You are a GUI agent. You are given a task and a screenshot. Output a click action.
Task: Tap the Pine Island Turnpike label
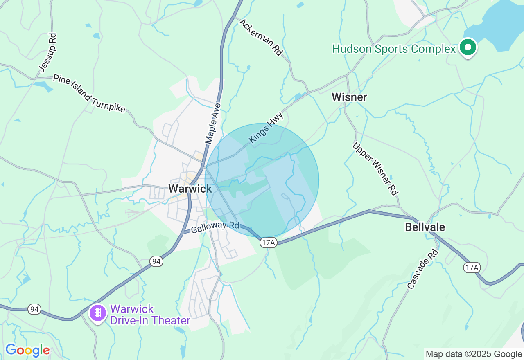(89, 94)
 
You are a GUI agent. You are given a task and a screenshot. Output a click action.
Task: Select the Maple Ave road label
(213, 123)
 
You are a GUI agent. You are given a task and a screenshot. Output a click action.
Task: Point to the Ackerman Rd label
(261, 37)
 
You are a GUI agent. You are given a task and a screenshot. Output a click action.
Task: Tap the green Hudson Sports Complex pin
(467, 47)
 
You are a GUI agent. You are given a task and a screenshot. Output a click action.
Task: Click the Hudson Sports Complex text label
(394, 49)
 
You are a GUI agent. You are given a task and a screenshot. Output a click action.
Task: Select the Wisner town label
(349, 97)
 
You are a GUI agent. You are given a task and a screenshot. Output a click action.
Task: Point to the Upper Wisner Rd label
(375, 168)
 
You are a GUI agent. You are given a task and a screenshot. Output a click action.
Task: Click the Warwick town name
(190, 189)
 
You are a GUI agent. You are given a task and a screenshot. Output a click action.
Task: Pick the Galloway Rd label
(215, 226)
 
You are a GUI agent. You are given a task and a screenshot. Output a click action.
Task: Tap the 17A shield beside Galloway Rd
(269, 243)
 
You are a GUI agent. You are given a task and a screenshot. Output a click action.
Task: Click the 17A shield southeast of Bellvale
(472, 268)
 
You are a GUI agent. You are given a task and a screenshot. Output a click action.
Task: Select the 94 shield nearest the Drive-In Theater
(34, 309)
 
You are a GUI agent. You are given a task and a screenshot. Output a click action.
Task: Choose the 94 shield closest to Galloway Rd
(156, 261)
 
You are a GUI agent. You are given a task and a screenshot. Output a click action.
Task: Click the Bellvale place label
(425, 227)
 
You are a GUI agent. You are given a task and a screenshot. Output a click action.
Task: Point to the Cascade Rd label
(423, 269)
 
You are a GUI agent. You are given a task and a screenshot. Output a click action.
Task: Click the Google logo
(27, 351)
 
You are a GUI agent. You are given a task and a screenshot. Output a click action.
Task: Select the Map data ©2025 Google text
(474, 354)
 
